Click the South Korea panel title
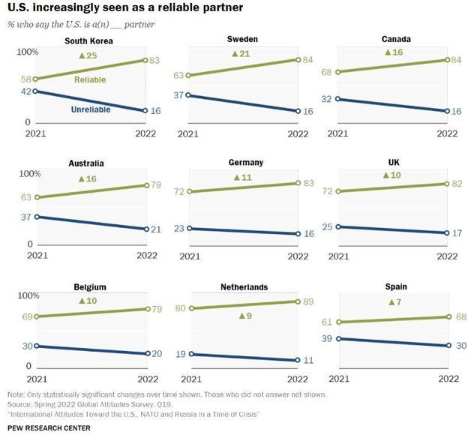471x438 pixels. tap(89, 40)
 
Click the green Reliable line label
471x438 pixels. tap(89, 79)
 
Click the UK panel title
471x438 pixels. tap(395, 163)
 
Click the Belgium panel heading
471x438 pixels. tap(90, 286)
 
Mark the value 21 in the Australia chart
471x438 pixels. tap(156, 229)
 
